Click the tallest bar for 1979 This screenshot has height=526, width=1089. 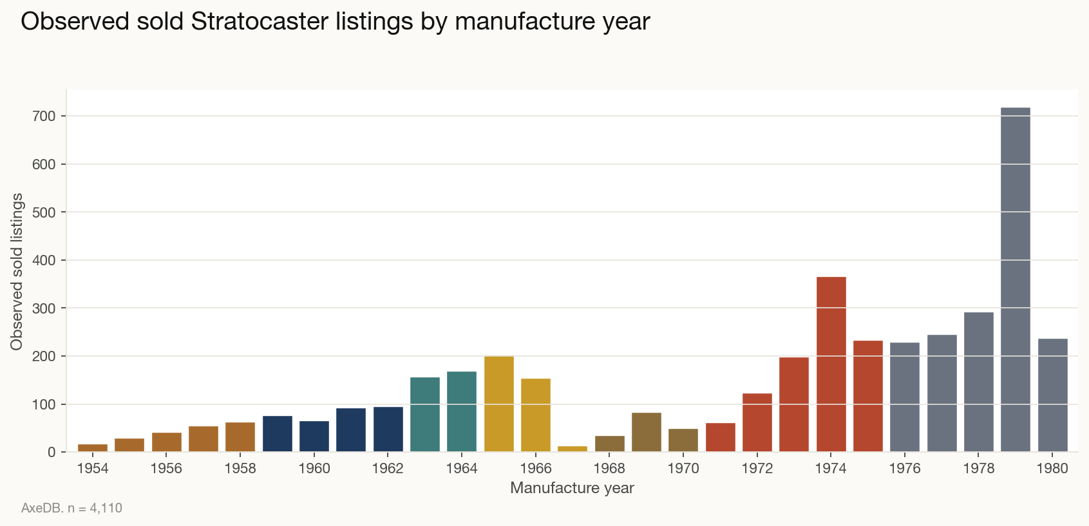click(x=1016, y=280)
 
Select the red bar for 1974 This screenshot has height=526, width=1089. click(x=831, y=364)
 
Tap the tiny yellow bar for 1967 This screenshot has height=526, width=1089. click(x=573, y=449)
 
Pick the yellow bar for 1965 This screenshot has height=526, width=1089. click(x=499, y=404)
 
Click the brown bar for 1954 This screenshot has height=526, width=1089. click(x=93, y=448)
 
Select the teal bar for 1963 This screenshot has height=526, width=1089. click(x=425, y=415)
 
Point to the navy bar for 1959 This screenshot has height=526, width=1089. click(x=278, y=434)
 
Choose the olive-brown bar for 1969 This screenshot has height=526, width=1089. click(x=647, y=432)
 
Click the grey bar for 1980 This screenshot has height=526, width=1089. click(x=1053, y=395)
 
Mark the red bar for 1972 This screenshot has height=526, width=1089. click(x=757, y=422)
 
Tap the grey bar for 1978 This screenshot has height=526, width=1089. click(x=979, y=382)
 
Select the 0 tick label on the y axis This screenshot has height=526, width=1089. click(x=53, y=452)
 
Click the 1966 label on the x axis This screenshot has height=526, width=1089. click(x=536, y=469)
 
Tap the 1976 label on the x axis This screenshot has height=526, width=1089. click(x=905, y=469)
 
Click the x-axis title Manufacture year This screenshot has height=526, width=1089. click(x=572, y=488)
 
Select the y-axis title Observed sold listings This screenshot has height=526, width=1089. click(x=17, y=272)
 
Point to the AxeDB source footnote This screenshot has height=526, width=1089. click(x=71, y=508)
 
